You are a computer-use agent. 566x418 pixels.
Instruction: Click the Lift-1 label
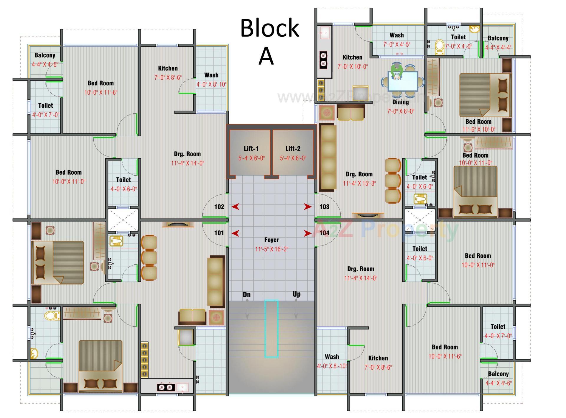pos(251,149)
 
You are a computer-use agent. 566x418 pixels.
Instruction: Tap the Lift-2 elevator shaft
pos(293,153)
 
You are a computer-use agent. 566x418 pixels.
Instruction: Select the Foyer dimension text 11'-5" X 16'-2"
pos(272,249)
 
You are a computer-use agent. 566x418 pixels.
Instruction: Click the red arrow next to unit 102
pos(235,207)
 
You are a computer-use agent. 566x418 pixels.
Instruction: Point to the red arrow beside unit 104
pos(307,233)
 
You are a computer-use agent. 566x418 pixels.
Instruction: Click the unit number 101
pos(219,233)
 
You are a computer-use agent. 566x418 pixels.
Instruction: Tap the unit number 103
pos(324,207)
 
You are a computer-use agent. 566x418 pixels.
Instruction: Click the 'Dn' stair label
pos(247,295)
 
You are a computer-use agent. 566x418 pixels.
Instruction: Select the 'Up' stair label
pos(297,294)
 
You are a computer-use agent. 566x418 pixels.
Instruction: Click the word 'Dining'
pos(400,102)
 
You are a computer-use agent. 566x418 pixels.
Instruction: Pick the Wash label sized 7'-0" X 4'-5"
pos(396,35)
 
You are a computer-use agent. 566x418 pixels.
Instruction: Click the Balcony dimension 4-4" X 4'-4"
pos(498,47)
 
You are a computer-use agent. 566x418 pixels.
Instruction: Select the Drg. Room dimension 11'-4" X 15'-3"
pos(359,183)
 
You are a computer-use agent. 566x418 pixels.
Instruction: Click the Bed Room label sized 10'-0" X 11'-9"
pos(475,155)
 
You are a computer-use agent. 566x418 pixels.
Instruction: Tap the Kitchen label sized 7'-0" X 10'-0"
pos(352,58)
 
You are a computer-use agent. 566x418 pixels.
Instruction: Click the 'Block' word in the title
pos(270,28)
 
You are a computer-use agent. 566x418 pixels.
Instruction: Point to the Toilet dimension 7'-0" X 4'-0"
pos(458,46)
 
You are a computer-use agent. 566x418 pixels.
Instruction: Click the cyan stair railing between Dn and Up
pos(271,329)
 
